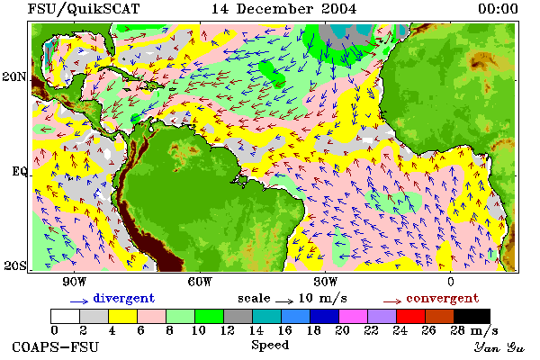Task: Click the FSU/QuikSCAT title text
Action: pyautogui.click(x=84, y=9)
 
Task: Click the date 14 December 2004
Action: pyautogui.click(x=283, y=9)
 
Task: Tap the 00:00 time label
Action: pyautogui.click(x=498, y=9)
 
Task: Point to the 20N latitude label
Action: pyautogui.click(x=13, y=76)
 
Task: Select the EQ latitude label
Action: pyautogui.click(x=19, y=171)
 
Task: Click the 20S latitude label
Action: pyautogui.click(x=15, y=265)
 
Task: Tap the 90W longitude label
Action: pyautogui.click(x=74, y=282)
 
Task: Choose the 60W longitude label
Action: pyautogui.click(x=200, y=282)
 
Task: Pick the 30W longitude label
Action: pyautogui.click(x=326, y=282)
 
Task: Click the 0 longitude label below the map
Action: pyautogui.click(x=451, y=282)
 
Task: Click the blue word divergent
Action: pyautogui.click(x=124, y=298)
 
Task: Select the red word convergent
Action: pyautogui.click(x=443, y=298)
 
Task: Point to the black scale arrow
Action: pyautogui.click(x=284, y=301)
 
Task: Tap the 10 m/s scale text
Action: pyautogui.click(x=323, y=298)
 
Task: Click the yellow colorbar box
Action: pyautogui.click(x=123, y=316)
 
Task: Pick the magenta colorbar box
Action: pyautogui.click(x=354, y=316)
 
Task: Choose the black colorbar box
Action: pyautogui.click(x=472, y=316)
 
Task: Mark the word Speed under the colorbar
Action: pyautogui.click(x=270, y=346)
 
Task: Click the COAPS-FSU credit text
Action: pyautogui.click(x=56, y=346)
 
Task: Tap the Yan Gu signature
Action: pyautogui.click(x=499, y=347)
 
